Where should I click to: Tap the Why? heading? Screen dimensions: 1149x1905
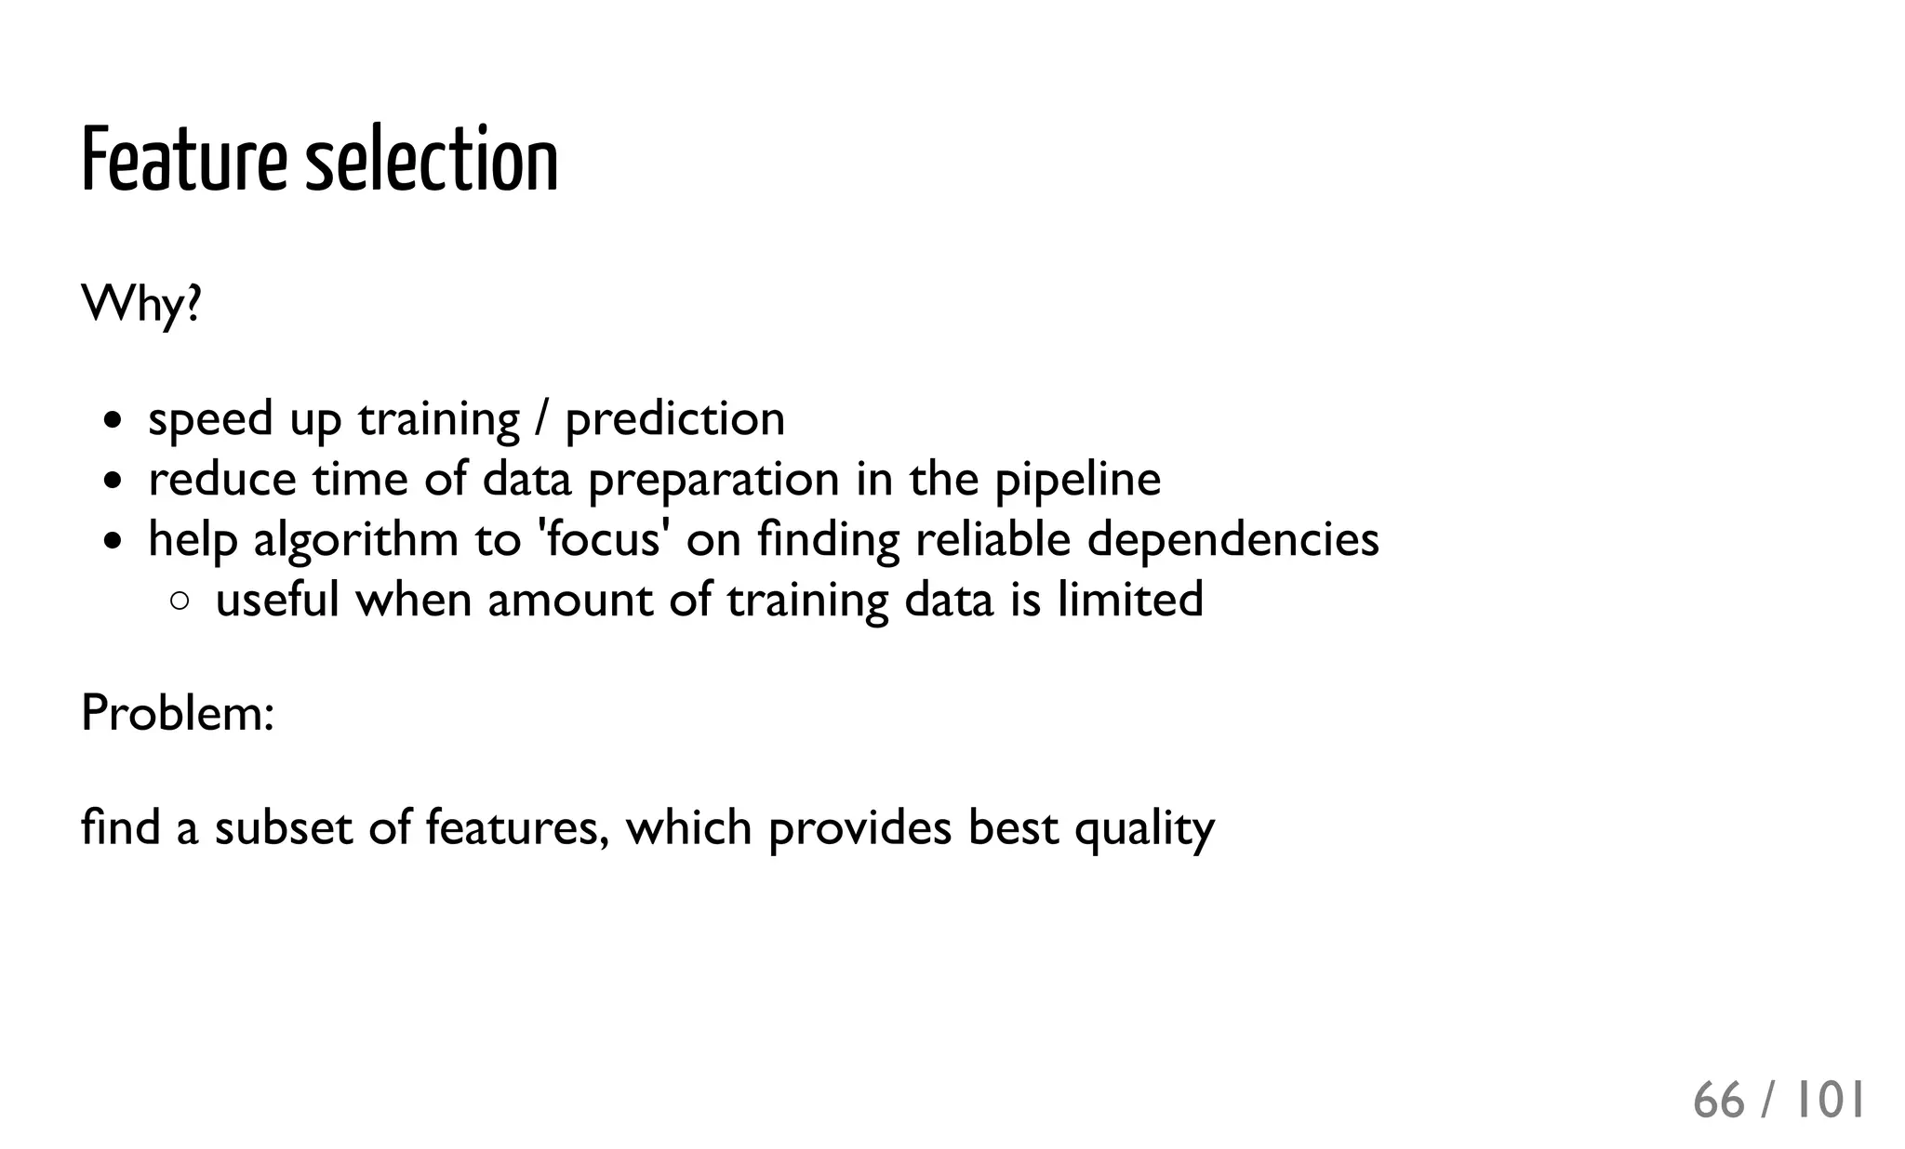[141, 304]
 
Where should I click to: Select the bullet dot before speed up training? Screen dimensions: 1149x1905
[113, 420]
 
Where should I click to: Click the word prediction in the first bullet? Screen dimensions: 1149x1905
[675, 419]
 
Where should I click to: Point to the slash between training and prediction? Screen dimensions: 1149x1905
[541, 419]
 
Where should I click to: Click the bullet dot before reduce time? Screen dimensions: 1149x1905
[113, 481]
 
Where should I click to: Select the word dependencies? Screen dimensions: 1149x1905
[1232, 539]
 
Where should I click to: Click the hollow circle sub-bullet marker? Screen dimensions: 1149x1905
[180, 601]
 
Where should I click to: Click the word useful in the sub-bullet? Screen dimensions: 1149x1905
[277, 599]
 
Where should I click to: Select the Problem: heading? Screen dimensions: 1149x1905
[178, 713]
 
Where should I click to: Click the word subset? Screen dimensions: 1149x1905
[284, 826]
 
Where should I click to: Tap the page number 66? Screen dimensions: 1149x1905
[1718, 1101]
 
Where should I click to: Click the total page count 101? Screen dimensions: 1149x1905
[1829, 1101]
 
